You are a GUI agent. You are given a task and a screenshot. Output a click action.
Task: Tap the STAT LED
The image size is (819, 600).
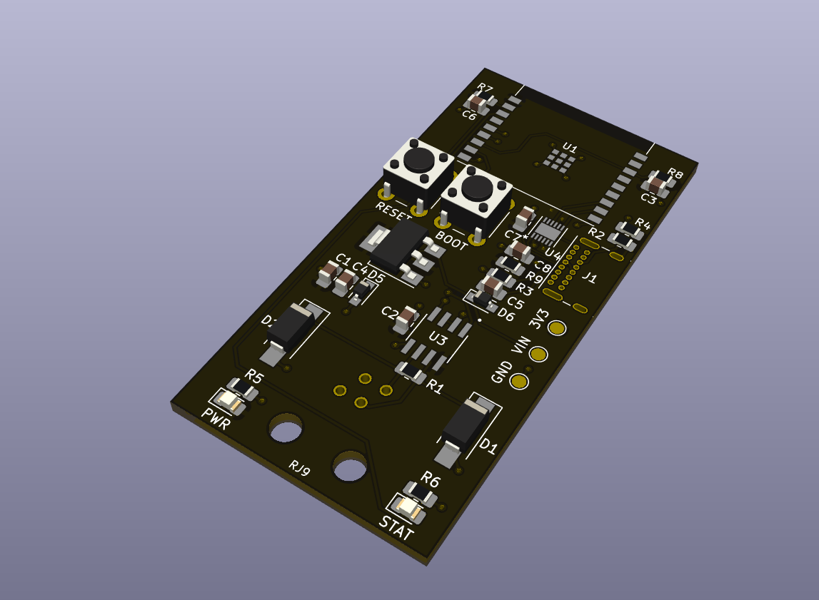pos(410,509)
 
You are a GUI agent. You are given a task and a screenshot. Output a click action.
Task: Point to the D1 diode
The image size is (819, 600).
pos(466,426)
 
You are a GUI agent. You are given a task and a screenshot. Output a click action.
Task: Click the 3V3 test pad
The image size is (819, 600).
pos(556,328)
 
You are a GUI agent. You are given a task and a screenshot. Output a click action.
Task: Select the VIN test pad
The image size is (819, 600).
pos(538,355)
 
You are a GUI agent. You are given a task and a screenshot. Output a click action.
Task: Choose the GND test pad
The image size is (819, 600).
pos(519,382)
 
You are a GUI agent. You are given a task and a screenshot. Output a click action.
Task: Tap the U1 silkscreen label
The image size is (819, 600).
pos(569,148)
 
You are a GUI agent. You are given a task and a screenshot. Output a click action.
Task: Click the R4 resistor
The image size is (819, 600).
pos(625,237)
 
